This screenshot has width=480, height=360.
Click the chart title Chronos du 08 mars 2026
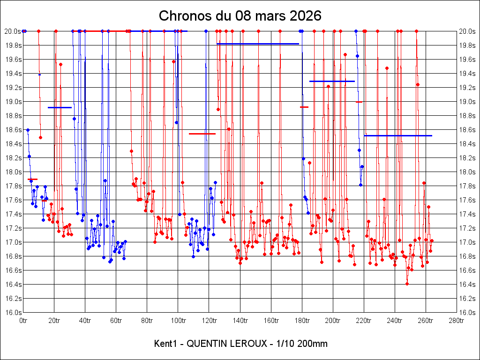coord(240,15)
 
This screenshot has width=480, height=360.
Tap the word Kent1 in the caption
coord(165,344)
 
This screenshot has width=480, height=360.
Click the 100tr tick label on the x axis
coord(178,321)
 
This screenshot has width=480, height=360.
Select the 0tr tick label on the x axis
coord(23,321)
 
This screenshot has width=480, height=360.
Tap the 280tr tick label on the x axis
coord(456,321)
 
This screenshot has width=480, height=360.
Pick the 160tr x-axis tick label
coord(270,321)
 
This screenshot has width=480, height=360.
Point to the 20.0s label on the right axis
coord(467,31)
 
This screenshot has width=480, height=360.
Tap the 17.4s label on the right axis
coord(467,214)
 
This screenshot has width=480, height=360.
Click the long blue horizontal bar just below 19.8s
coord(258,44)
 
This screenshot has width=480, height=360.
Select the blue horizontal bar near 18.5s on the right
coord(397,135)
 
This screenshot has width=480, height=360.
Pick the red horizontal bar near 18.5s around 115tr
coord(202,134)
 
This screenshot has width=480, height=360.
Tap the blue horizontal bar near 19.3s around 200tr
coord(332,81)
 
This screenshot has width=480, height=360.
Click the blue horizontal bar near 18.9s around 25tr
coord(60,107)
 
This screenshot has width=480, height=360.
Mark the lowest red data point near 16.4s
coord(407,284)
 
